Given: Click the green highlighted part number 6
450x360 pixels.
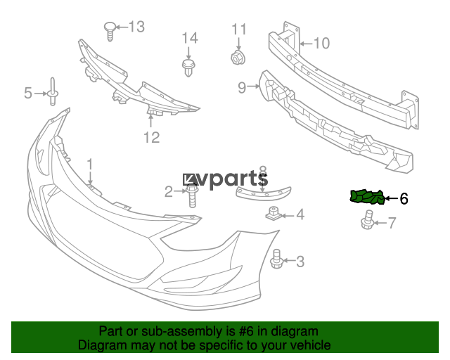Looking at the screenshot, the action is [367, 197].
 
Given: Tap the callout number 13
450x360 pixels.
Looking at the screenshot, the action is [136, 27].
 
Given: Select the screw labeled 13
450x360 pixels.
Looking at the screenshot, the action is [110, 31].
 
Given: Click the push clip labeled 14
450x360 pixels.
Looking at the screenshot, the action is [188, 67].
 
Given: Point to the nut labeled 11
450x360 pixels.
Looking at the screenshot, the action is [238, 57].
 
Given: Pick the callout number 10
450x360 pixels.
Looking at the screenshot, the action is [321, 44].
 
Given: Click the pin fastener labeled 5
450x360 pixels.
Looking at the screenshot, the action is [53, 91].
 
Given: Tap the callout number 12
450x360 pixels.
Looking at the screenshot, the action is [152, 138].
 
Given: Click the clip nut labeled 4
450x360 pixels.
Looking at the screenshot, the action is [273, 214].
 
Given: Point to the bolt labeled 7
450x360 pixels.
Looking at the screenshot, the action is [367, 220].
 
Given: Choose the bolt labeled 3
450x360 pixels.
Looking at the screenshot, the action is [277, 259].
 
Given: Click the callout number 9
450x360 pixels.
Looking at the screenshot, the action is [242, 88].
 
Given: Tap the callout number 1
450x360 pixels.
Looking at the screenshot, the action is [90, 165].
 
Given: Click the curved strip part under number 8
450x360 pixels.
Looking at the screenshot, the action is [263, 193].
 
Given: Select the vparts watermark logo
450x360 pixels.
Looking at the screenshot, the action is [226, 179].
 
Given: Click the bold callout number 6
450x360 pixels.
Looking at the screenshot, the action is [404, 198].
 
